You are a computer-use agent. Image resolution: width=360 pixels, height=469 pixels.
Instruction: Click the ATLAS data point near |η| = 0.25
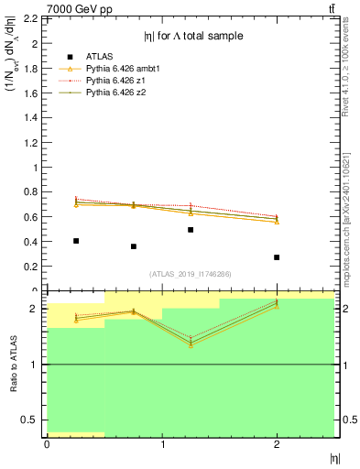(75, 241)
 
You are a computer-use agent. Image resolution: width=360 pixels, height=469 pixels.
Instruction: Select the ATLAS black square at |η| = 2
(277, 257)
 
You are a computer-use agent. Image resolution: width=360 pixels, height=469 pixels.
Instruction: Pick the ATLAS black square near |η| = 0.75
(133, 246)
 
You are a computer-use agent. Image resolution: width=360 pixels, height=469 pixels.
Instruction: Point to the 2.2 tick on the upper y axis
(30, 18)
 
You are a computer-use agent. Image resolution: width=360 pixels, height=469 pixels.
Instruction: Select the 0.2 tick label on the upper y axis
(30, 267)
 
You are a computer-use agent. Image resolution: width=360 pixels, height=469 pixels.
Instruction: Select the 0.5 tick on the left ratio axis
(30, 420)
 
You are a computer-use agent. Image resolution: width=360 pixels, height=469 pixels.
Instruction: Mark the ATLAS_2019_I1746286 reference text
(191, 274)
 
